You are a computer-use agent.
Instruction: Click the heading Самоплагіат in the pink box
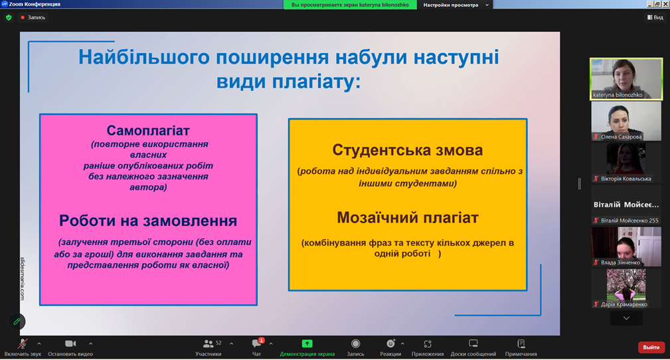pos(148,130)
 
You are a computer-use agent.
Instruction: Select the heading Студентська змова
pos(408,150)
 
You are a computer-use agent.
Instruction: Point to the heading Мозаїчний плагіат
pos(408,218)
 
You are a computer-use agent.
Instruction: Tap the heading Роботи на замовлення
pos(148,221)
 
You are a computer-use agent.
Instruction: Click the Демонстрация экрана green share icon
pos(307,343)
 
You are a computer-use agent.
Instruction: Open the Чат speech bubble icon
pos(256,343)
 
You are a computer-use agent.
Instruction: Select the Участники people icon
pos(208,343)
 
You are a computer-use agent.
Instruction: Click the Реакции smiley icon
pos(390,343)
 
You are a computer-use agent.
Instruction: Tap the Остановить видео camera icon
pos(70,343)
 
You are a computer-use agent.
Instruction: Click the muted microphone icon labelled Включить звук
pos(23,343)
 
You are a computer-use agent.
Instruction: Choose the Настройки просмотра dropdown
pos(456,5)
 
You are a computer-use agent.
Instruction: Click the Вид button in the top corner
pos(655,17)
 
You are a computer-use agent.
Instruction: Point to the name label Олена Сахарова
pos(622,137)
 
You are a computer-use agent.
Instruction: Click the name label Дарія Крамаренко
pos(624,304)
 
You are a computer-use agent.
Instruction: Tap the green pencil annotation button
pos(17,321)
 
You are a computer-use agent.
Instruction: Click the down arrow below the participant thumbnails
pos(626,318)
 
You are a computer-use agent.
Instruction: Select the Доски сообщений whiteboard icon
pos(473,343)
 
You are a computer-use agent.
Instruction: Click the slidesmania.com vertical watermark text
pos(23,278)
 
